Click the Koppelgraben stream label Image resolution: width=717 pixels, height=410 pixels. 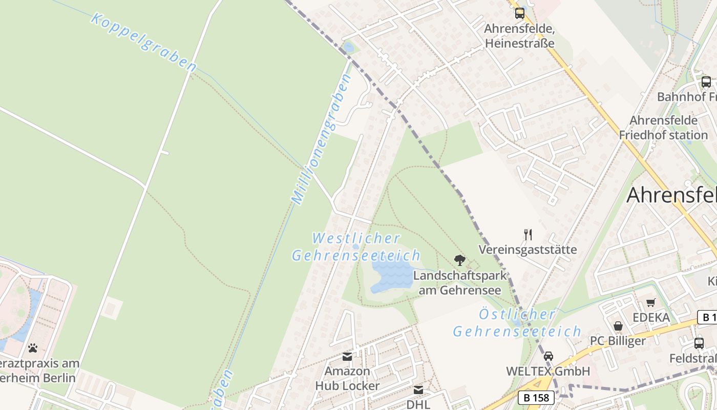click(144, 42)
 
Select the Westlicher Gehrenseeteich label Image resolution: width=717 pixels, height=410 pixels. click(356, 247)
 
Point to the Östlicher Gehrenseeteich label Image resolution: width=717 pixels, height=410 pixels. click(517, 323)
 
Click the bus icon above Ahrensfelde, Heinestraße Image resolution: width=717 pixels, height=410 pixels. click(519, 13)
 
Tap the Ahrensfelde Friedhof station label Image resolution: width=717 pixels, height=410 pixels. click(663, 128)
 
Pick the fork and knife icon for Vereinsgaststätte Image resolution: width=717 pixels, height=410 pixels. click(528, 235)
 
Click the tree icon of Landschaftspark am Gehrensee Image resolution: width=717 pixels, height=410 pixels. click(460, 260)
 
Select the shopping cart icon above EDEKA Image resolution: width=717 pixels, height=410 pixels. click(651, 302)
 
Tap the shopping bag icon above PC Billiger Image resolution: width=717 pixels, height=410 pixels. click(618, 326)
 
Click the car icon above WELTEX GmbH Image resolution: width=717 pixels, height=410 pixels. click(548, 356)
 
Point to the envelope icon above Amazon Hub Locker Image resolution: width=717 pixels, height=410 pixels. click(347, 356)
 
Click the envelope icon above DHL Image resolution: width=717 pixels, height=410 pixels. click(418, 390)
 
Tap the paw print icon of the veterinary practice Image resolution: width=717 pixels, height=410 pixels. click(33, 348)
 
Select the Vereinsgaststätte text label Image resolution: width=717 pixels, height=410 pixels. click(528, 250)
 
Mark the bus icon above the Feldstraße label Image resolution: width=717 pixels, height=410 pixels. click(699, 343)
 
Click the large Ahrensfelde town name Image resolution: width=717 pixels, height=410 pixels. click(671, 195)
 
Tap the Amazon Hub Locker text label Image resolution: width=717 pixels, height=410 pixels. click(347, 378)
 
